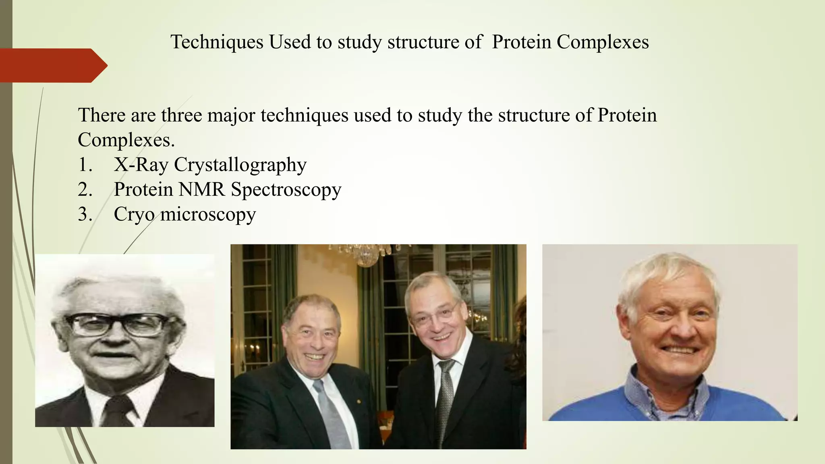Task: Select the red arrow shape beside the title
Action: pos(52,66)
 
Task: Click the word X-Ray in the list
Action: pos(141,165)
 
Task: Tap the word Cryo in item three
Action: pos(134,215)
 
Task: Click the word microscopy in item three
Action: pos(208,215)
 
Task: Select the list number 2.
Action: pos(85,190)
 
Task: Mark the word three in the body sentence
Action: pos(181,116)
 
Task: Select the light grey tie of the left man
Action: pos(332,417)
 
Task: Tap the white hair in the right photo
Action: pos(665,270)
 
